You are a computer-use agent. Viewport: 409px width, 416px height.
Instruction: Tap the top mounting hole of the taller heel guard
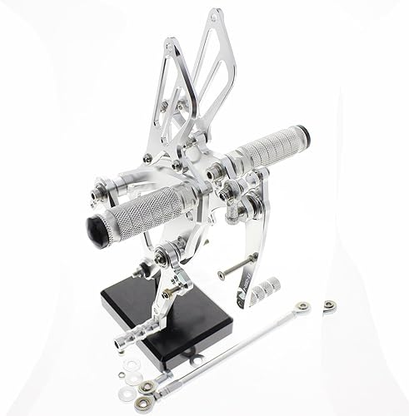tap(219, 15)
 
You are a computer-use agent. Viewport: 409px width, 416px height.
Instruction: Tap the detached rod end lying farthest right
tap(330, 303)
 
